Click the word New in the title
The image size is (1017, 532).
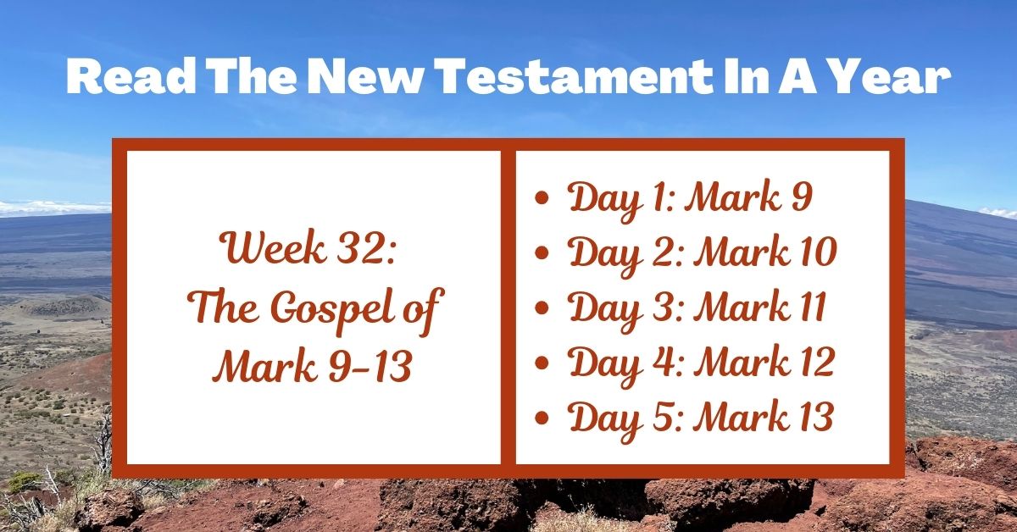coord(344,78)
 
